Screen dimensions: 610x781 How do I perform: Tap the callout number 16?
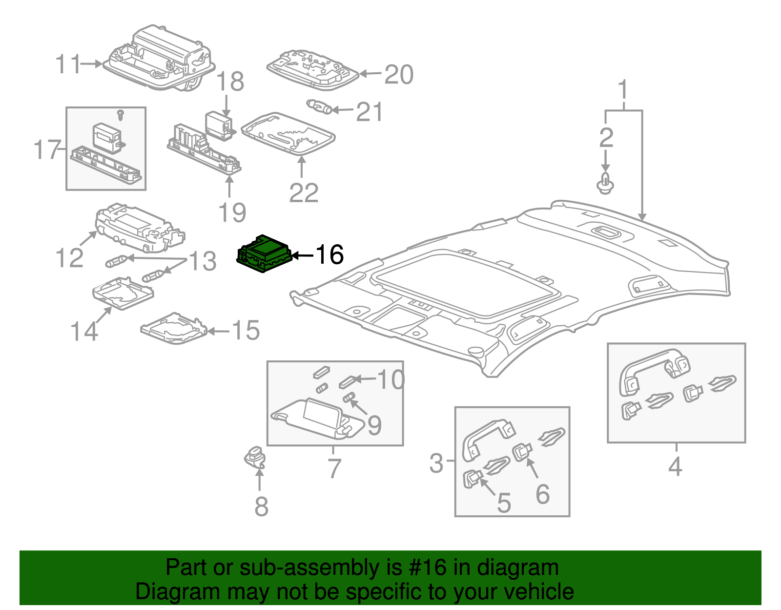click(330, 254)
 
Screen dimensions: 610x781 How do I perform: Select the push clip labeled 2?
click(605, 183)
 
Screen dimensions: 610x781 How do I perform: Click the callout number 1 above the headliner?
click(623, 90)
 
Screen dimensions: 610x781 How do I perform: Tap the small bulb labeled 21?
click(319, 106)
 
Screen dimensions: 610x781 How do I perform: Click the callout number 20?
click(399, 75)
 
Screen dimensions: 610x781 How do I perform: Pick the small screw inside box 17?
click(121, 115)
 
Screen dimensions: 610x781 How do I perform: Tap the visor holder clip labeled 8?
click(256, 456)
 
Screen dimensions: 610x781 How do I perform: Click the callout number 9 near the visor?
click(374, 425)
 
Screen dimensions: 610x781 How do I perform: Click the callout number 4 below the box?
click(675, 466)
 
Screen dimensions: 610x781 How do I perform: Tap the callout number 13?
click(203, 261)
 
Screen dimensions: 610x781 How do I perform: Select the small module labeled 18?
click(218, 125)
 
